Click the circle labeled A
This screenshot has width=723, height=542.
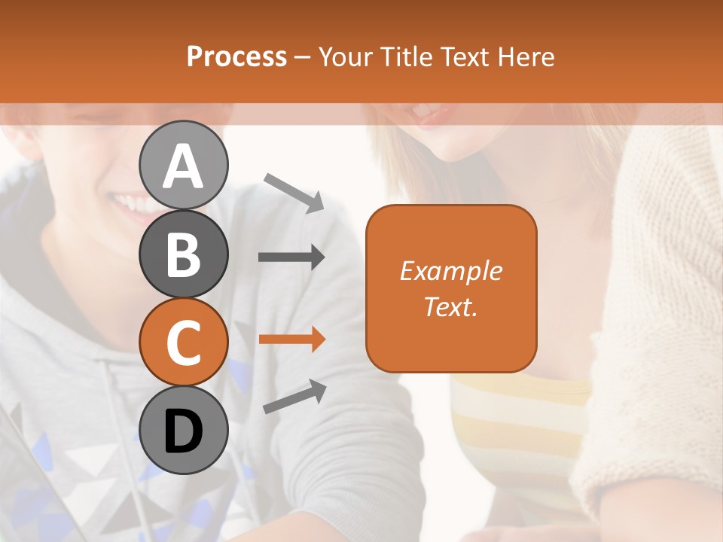(183, 166)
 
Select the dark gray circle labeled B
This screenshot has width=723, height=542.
(183, 254)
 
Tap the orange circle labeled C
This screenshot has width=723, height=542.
(183, 343)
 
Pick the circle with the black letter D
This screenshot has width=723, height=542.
(183, 431)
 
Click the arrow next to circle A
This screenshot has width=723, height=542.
(294, 191)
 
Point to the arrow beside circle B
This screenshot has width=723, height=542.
(291, 257)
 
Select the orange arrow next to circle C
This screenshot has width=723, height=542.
(291, 339)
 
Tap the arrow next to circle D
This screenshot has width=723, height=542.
(294, 397)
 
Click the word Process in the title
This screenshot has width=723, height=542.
(236, 56)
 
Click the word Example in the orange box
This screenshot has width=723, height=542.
(450, 271)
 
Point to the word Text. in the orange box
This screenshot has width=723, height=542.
(450, 306)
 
